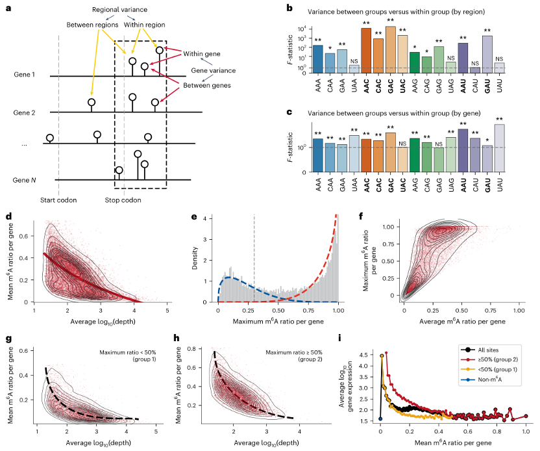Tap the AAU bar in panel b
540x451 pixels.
[x=462, y=58]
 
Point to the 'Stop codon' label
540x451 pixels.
[x=123, y=200]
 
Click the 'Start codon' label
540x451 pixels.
[x=58, y=200]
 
